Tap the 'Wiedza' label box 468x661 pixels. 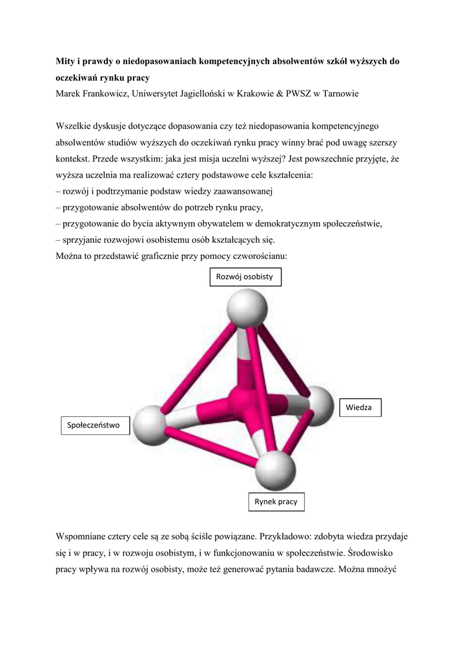[359, 408]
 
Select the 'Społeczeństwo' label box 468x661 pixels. [94, 425]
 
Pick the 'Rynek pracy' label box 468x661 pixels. [276, 502]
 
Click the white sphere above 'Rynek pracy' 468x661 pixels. [275, 470]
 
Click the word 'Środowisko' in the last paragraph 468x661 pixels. [377, 554]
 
